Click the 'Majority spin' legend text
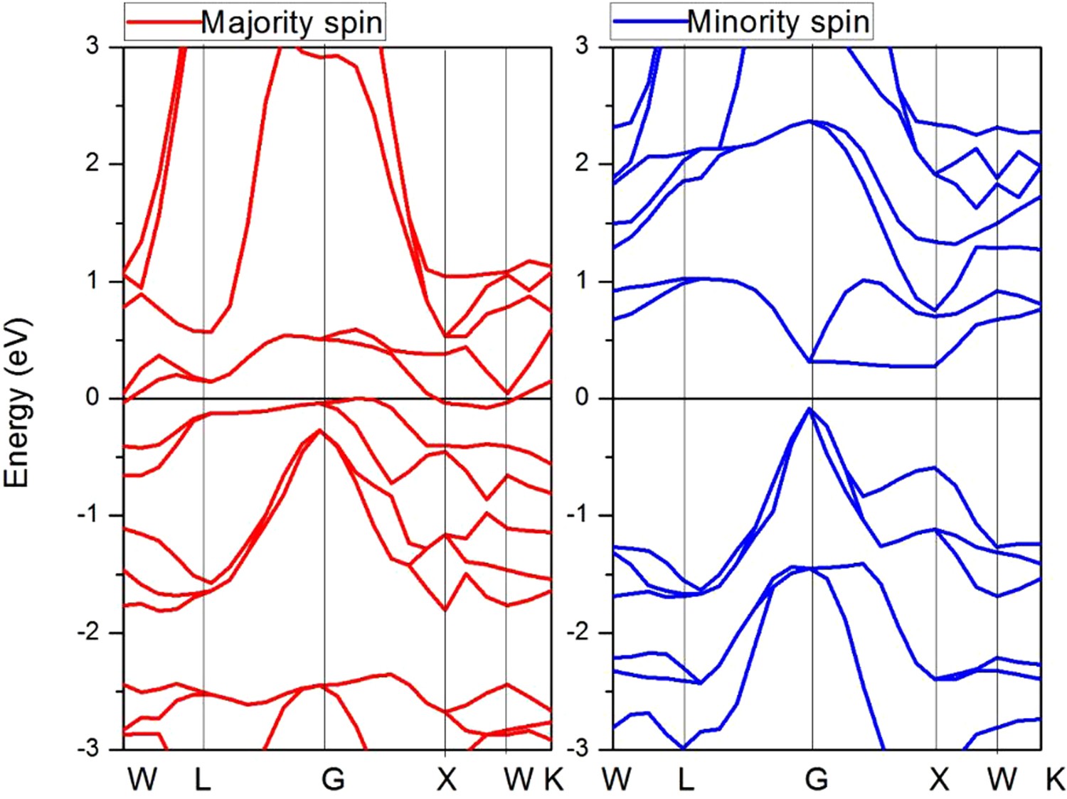coord(292,23)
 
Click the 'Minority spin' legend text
coord(778,23)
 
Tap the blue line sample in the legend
coord(649,22)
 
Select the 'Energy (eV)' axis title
coord(17,402)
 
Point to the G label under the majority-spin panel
coord(333,780)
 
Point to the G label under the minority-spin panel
coord(817,780)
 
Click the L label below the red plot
coord(203,780)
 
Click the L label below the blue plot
coord(686,780)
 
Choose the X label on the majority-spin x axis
coord(446,780)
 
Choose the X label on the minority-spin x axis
coord(939,780)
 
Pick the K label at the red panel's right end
coord(553,780)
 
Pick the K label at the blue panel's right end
coord(1054,780)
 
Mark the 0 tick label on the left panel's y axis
coord(92,397)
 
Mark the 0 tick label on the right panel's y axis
coord(582,397)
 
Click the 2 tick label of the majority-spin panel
coord(92,163)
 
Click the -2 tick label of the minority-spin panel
coord(578,632)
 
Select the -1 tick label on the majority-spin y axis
coord(89,515)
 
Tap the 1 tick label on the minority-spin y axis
coord(582,280)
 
